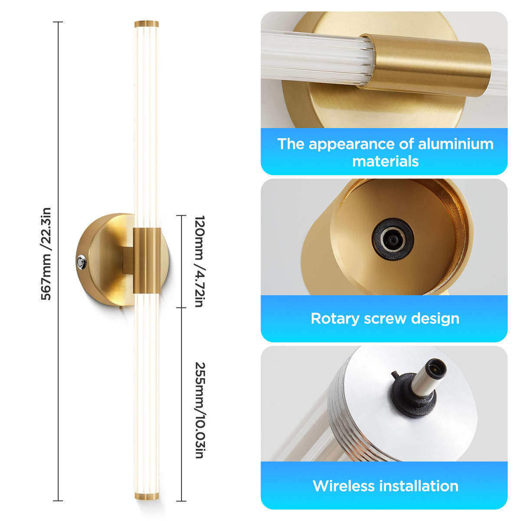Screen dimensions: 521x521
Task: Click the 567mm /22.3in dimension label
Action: click(46, 254)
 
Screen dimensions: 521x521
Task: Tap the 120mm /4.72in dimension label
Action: click(200, 261)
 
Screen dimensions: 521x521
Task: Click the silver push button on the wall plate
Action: click(81, 261)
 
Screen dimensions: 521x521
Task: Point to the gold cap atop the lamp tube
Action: click(147, 24)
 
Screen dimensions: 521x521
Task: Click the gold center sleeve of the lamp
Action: click(147, 260)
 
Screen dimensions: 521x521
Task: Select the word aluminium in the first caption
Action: click(455, 144)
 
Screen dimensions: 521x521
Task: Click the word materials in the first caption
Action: click(385, 162)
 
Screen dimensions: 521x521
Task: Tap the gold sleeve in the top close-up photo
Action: click(425, 65)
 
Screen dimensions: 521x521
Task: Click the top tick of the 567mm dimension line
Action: click(58, 22)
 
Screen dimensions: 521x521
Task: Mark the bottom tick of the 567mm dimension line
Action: click(58, 501)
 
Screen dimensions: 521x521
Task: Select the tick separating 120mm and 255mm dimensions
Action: click(181, 308)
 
